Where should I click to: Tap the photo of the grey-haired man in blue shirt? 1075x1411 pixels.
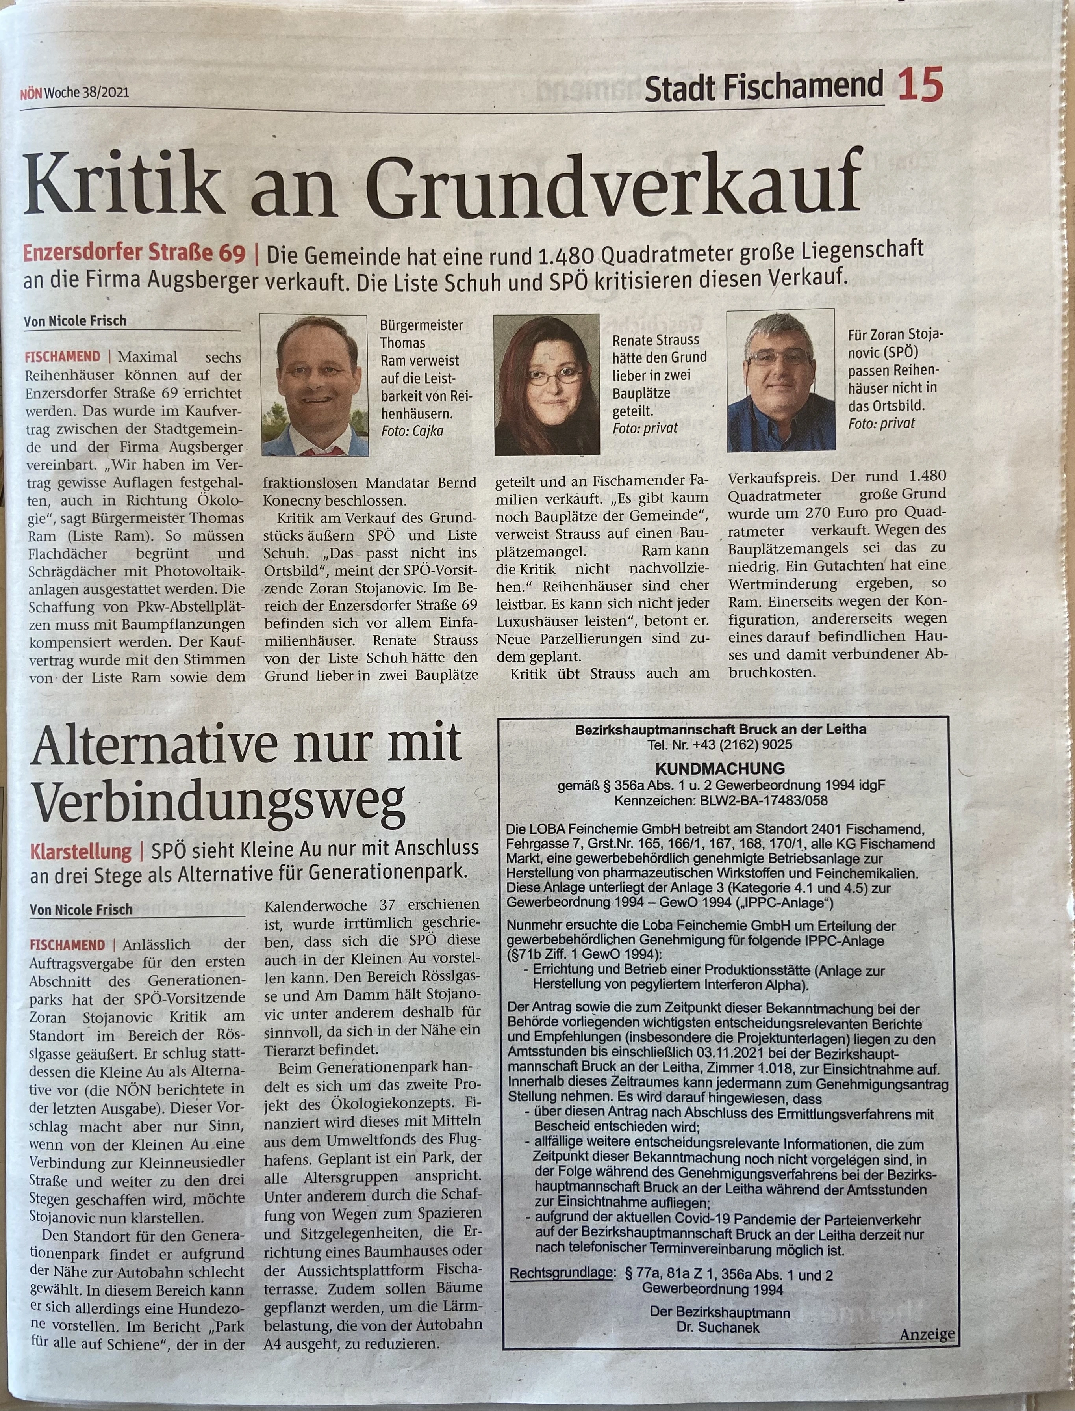pos(780,381)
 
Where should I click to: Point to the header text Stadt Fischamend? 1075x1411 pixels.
pos(764,88)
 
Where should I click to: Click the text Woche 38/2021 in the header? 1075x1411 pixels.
pos(86,92)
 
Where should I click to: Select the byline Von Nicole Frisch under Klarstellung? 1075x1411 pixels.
pos(81,909)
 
